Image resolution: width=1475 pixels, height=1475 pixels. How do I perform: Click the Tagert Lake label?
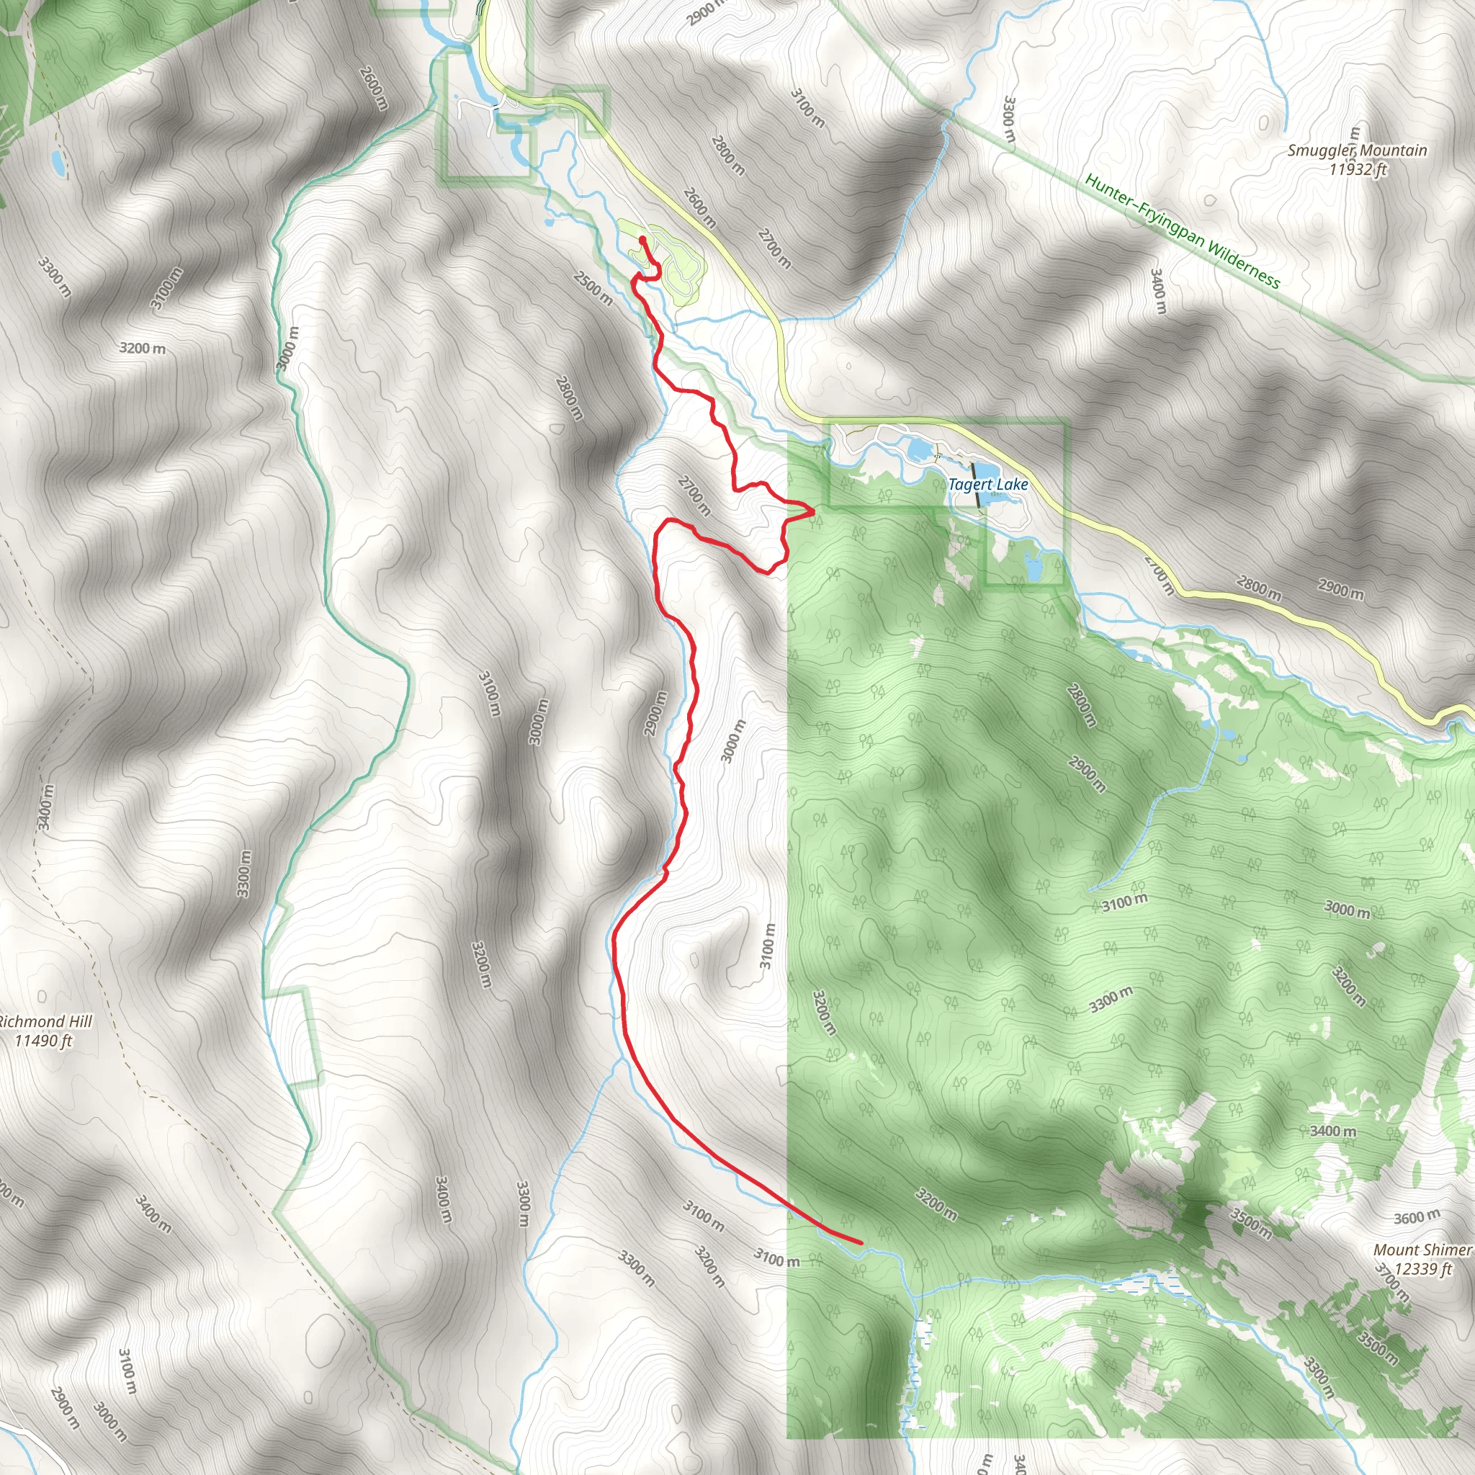988,484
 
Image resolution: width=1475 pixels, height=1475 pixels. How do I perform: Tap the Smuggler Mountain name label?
1357,150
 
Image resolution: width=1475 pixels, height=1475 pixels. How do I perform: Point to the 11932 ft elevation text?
1357,169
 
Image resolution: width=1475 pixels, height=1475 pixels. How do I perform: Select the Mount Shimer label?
1421,1250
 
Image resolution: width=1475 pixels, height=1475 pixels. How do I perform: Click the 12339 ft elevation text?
1422,1269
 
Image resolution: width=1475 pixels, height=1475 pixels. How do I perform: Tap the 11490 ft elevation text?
43,1041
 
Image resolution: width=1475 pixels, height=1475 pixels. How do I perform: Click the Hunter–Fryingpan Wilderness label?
1182,230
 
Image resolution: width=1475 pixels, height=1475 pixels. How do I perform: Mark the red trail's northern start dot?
643,240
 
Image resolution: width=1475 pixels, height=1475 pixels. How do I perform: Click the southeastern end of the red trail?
861,1243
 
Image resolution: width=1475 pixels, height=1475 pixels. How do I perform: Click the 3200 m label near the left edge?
142,348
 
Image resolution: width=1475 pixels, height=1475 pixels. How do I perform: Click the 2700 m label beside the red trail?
694,496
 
